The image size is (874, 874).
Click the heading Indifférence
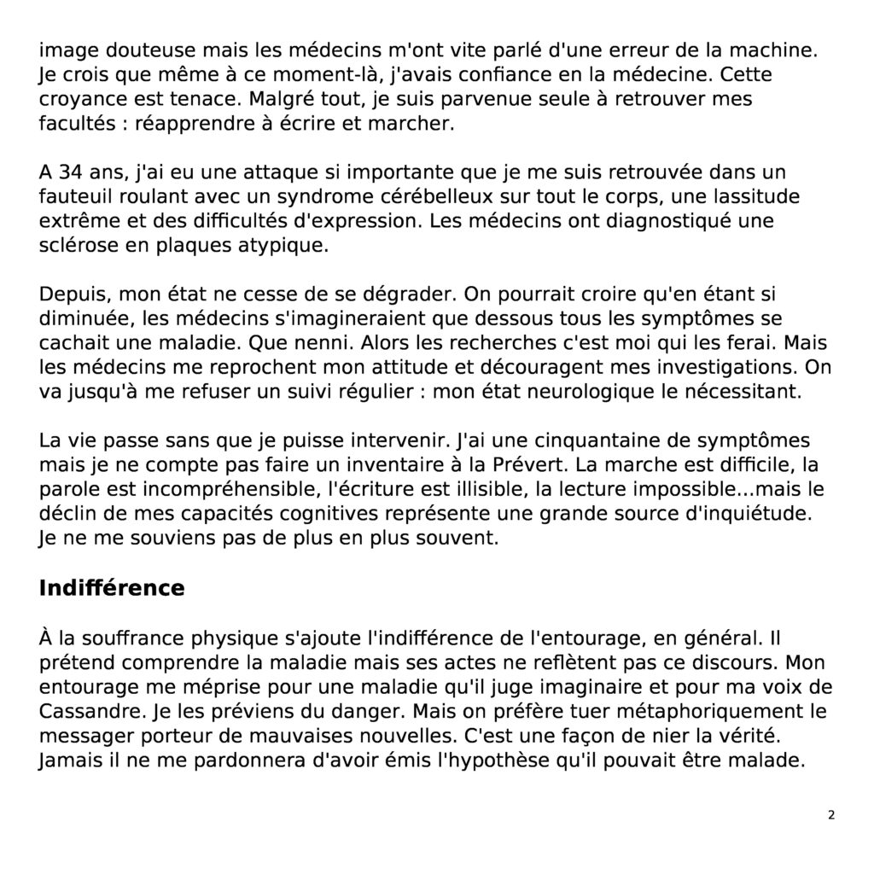(x=112, y=589)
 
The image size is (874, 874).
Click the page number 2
(x=831, y=815)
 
